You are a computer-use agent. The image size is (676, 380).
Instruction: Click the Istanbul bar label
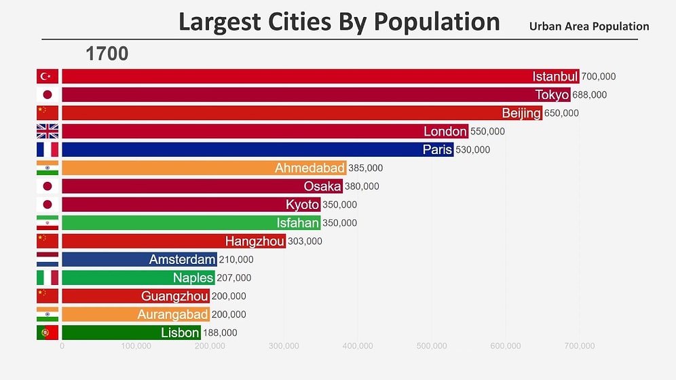(x=555, y=76)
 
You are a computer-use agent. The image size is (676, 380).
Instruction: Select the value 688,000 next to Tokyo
(x=589, y=95)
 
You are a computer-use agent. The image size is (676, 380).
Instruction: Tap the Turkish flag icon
(x=48, y=76)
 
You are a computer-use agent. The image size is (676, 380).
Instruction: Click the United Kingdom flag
(x=48, y=131)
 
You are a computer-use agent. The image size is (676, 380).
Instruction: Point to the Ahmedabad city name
(x=309, y=168)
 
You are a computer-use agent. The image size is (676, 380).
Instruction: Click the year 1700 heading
(x=107, y=54)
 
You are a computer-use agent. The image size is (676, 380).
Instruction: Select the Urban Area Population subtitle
(x=588, y=26)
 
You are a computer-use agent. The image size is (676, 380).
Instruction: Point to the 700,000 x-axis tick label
(x=579, y=346)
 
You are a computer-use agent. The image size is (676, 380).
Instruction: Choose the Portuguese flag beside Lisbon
(x=48, y=332)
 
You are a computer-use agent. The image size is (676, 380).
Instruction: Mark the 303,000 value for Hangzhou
(x=305, y=241)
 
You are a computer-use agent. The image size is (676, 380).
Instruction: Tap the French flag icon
(x=48, y=149)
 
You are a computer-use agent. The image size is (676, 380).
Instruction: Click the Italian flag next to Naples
(x=48, y=278)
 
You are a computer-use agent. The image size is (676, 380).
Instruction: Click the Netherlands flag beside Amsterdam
(x=48, y=259)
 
